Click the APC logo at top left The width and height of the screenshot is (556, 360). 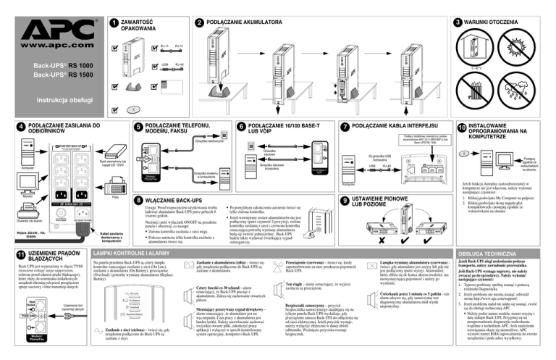50,22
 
